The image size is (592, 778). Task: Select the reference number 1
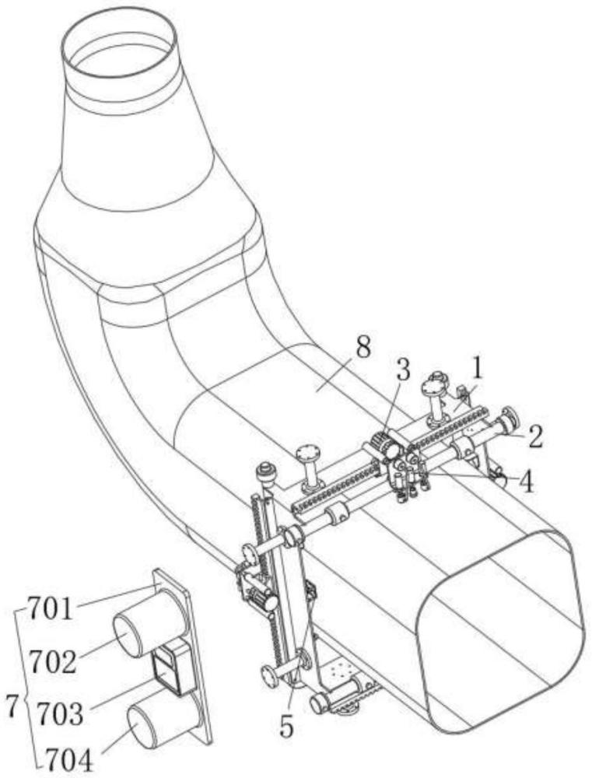(x=476, y=369)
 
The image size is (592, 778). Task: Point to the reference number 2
(x=534, y=437)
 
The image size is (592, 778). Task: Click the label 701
(x=50, y=609)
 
